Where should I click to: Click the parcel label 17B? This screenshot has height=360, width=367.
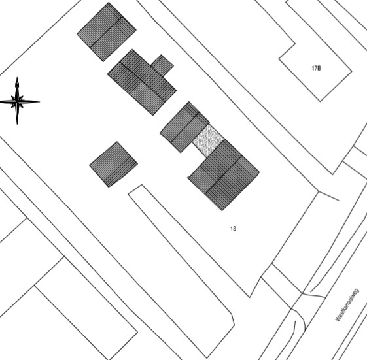pos(316,68)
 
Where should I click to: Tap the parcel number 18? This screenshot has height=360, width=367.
pos(233,229)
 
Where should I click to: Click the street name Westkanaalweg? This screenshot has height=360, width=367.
pos(347,305)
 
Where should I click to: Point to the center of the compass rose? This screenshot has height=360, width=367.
pos(17,102)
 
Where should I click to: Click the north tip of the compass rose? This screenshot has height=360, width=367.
pos(17,77)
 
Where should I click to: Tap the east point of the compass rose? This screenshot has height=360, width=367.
pos(39,102)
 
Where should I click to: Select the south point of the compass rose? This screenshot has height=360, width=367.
pos(17,125)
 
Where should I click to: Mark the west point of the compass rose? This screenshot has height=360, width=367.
pos(1,102)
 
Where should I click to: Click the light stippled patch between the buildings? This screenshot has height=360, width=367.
pos(208,140)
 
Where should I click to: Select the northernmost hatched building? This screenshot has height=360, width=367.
pos(107,32)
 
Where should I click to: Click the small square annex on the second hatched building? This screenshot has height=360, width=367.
pos(162,65)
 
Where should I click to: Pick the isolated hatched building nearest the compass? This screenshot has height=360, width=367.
pos(114,165)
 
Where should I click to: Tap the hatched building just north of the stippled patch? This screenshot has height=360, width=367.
pos(184,127)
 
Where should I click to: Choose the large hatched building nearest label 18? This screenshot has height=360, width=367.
pos(224,175)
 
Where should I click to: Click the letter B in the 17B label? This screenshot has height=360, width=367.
pos(319,68)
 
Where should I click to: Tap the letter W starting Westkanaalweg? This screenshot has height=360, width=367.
pos(338,318)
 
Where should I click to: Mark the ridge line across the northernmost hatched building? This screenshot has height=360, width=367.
pos(106,31)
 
